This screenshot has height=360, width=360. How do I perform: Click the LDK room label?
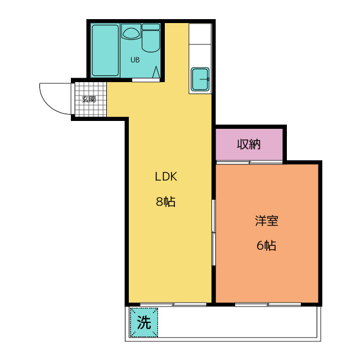(x=166, y=176)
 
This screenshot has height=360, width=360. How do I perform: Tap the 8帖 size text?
(x=166, y=201)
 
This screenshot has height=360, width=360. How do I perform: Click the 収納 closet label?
(x=249, y=144)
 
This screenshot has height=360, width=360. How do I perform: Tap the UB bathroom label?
(x=135, y=60)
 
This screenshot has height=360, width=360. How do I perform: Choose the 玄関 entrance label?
(x=88, y=100)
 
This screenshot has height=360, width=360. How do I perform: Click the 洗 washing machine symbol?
(x=145, y=323)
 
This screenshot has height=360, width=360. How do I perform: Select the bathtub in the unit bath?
(x=106, y=50)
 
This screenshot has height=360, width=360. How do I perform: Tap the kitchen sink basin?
(x=200, y=79)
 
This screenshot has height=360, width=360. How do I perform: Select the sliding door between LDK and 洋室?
(x=214, y=232)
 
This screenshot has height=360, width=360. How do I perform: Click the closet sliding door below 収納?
(x=249, y=162)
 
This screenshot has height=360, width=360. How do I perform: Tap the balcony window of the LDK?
(x=173, y=304)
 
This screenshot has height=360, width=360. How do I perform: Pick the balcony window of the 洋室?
(x=268, y=304)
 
